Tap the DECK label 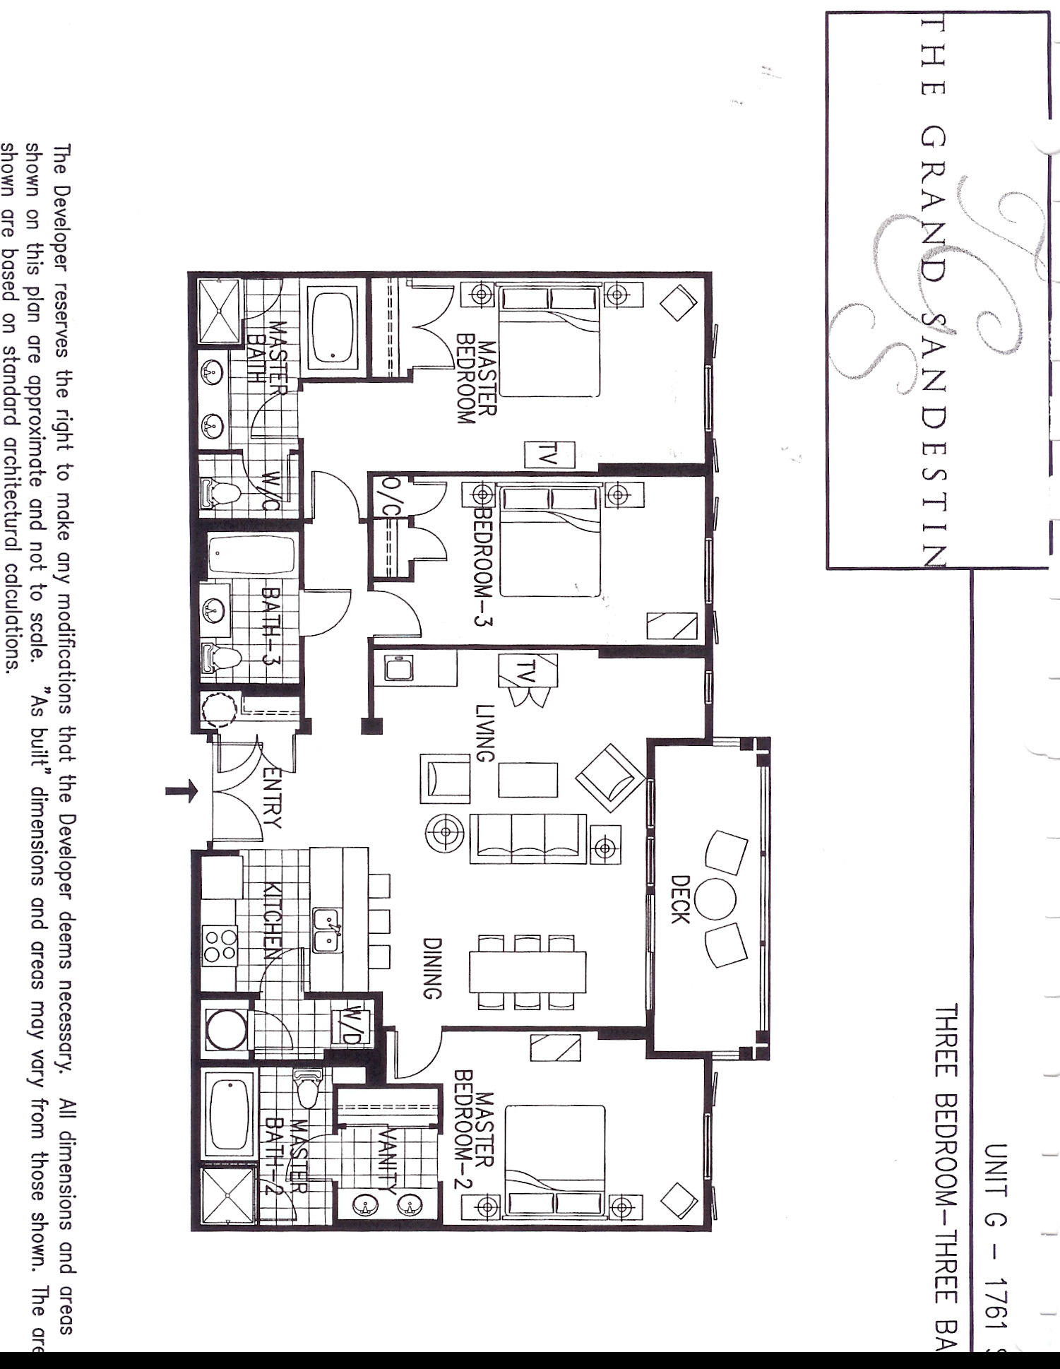[679, 899]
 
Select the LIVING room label [484, 733]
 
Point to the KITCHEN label [274, 918]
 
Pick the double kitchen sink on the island [326, 930]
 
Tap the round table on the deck [715, 900]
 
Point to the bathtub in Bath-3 [251, 555]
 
